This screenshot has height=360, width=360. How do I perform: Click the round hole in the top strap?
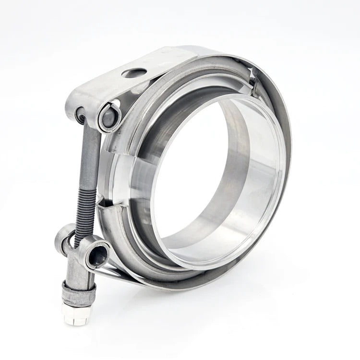pyautogui.click(x=134, y=73)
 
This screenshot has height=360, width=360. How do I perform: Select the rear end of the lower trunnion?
pyautogui.click(x=64, y=235)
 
